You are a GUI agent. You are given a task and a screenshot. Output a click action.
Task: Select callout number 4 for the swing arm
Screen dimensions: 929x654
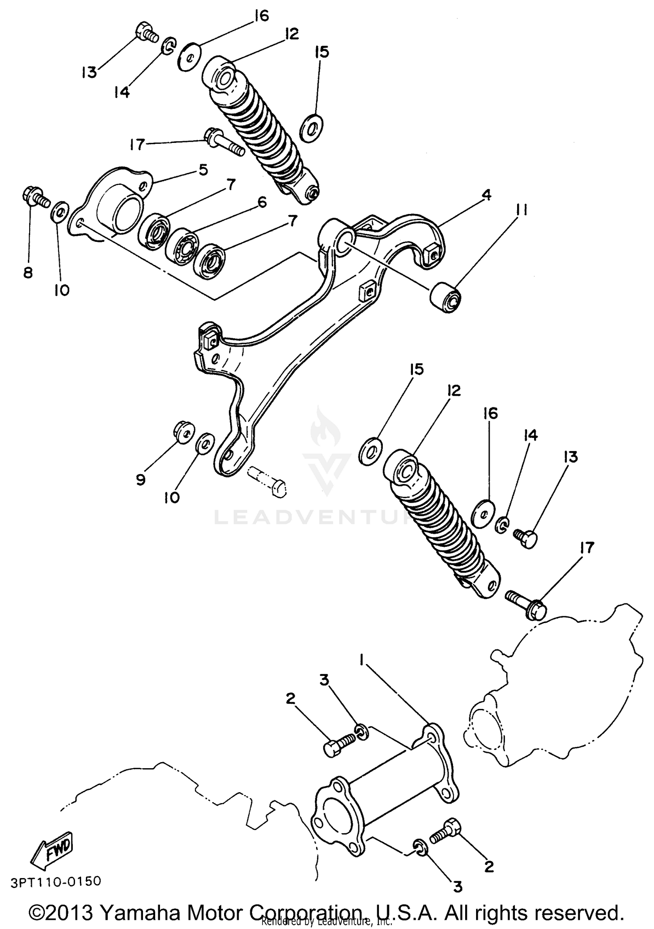tap(487, 195)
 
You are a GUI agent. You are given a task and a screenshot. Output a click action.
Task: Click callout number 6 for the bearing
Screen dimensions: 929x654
tap(262, 202)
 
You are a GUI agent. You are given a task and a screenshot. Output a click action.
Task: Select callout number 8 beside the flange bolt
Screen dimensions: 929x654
tap(28, 273)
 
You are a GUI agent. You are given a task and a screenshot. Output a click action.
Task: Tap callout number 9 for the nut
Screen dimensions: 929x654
tap(140, 480)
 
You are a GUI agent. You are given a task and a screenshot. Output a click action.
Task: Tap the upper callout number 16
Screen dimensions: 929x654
tap(262, 16)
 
